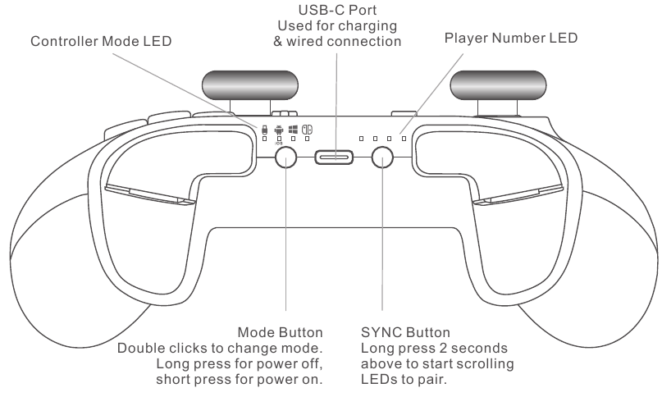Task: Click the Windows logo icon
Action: pyautogui.click(x=293, y=129)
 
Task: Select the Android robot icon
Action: pyautogui.click(x=279, y=129)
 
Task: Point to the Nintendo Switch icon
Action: pyautogui.click(x=307, y=129)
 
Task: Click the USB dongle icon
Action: pyautogui.click(x=264, y=129)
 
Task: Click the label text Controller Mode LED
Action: pyautogui.click(x=101, y=42)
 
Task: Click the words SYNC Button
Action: pyautogui.click(x=405, y=334)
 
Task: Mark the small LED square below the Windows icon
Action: pyautogui.click(x=293, y=139)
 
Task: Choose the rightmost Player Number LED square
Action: pyautogui.click(x=404, y=139)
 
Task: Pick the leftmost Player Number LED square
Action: pyautogui.click(x=361, y=139)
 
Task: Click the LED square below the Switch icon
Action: pyautogui.click(x=307, y=139)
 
